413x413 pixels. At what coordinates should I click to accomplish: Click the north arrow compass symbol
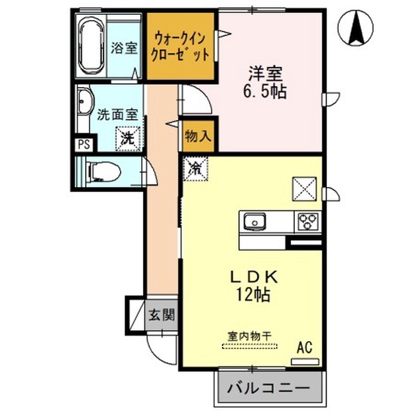[356, 28]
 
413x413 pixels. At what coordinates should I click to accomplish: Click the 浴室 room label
[124, 48]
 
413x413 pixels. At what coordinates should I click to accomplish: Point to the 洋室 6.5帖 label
[265, 83]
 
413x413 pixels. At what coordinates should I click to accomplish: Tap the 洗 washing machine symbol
[128, 139]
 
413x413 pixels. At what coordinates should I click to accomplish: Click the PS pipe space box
[84, 145]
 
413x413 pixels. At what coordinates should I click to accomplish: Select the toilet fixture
[103, 172]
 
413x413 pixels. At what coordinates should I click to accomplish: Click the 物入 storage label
[198, 136]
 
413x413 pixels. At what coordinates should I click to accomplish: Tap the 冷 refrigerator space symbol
[196, 168]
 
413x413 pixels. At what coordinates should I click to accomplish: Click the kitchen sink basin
[255, 221]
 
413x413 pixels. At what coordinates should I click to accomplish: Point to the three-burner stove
[308, 221]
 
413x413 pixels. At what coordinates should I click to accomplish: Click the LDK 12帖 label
[254, 286]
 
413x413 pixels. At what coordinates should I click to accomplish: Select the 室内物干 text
[249, 336]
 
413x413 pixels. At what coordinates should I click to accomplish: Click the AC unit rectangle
[305, 361]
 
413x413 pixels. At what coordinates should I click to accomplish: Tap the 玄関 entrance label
[162, 314]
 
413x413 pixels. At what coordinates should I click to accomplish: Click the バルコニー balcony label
[268, 388]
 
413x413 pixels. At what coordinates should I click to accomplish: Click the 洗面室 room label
[117, 115]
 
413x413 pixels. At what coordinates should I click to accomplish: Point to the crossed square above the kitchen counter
[305, 189]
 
